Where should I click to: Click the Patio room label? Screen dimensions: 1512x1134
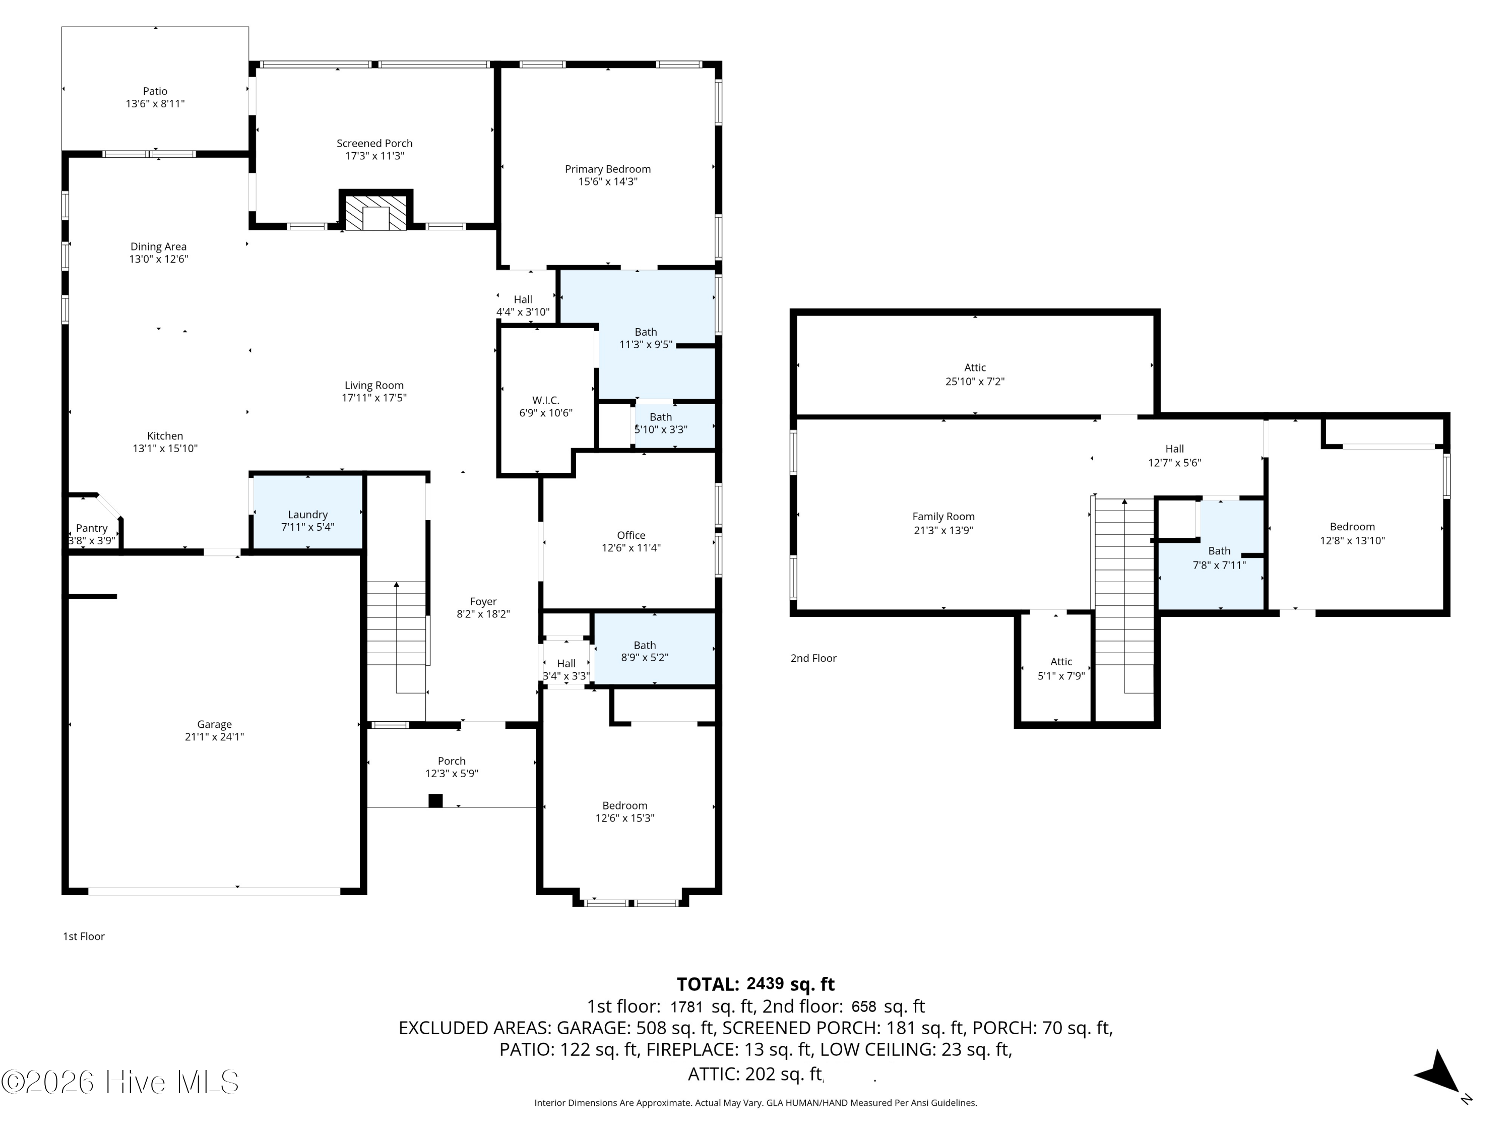click(x=155, y=91)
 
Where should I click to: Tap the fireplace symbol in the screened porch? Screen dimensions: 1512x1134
click(x=376, y=210)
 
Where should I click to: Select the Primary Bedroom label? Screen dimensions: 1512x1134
click(x=608, y=169)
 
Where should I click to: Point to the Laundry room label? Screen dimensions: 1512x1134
click(x=307, y=515)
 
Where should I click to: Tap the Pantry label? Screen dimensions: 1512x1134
click(x=92, y=528)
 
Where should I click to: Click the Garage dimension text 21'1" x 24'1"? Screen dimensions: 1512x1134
click(x=215, y=737)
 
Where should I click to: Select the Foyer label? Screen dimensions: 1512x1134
click(x=483, y=601)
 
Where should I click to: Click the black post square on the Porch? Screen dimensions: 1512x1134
click(x=435, y=800)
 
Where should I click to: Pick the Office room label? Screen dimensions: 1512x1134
click(x=631, y=535)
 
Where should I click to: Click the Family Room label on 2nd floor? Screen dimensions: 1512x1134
click(x=943, y=517)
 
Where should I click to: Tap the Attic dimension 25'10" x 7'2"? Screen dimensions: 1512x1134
click(x=975, y=382)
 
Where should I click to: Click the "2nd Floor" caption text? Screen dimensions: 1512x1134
click(x=813, y=658)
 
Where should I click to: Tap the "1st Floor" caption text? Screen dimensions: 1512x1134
click(x=83, y=936)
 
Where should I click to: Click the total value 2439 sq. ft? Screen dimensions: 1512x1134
click(x=790, y=984)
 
